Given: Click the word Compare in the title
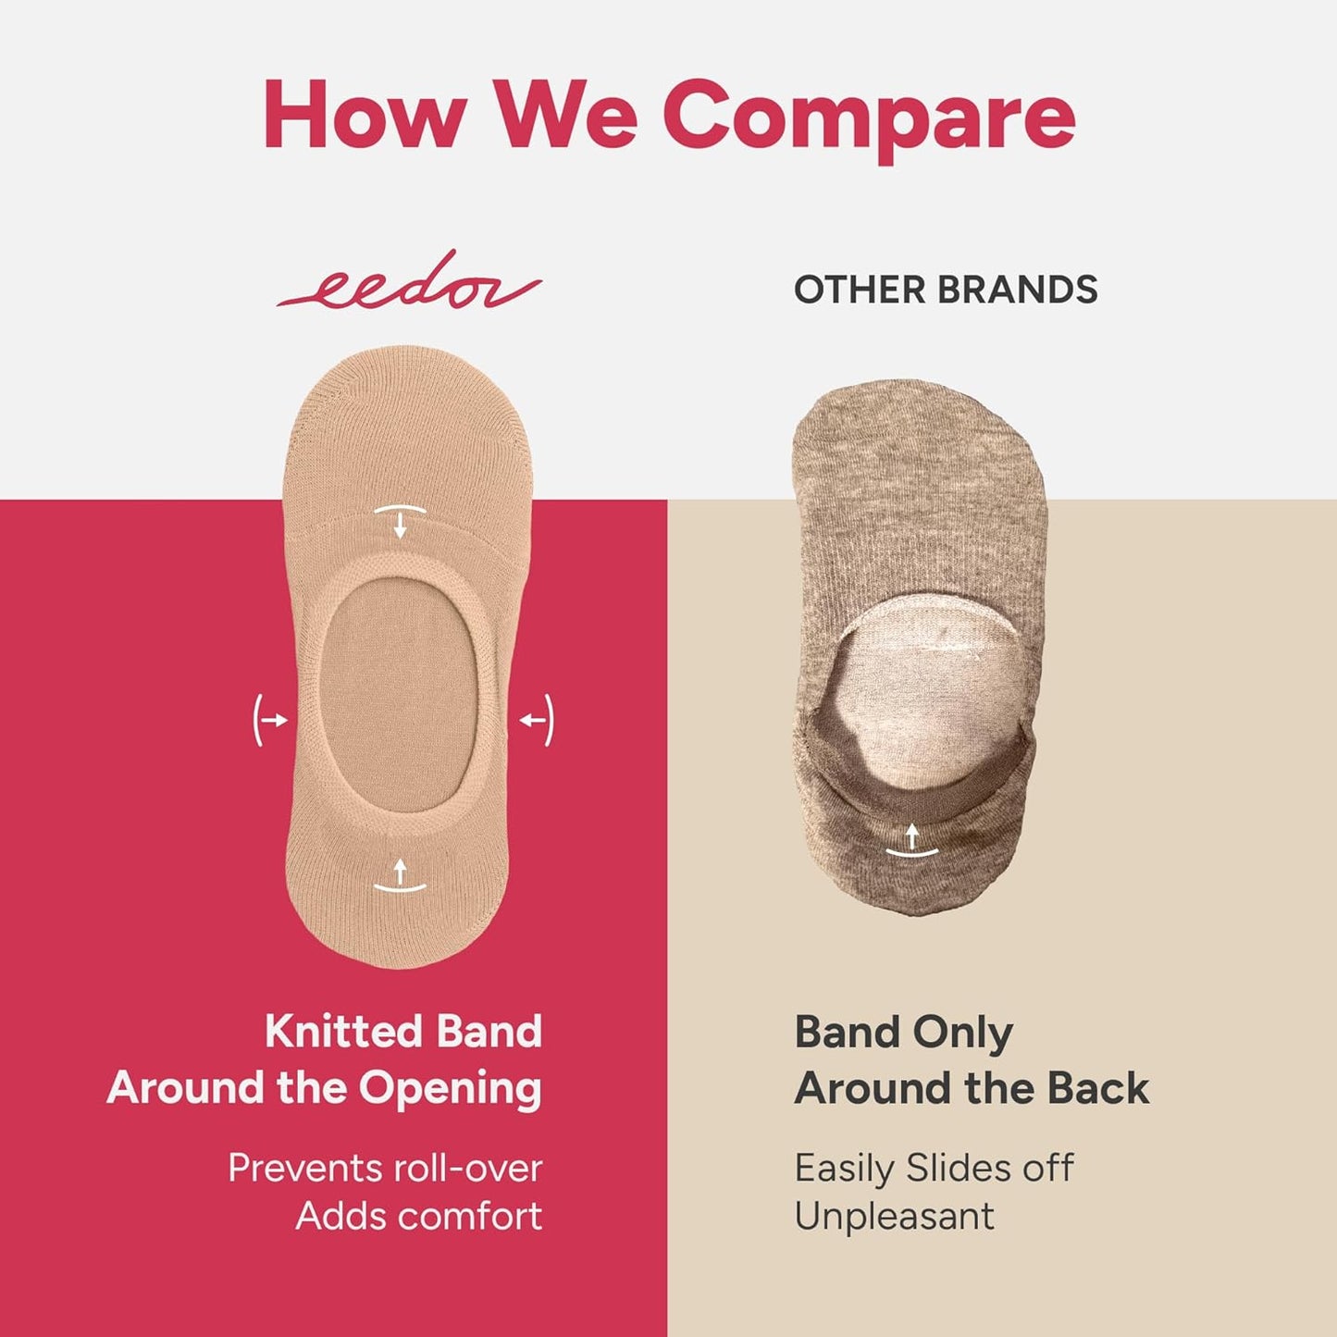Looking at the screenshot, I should pos(869,116).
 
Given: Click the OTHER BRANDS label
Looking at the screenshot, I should pos(946,290).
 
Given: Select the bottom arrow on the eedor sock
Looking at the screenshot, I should pos(400,875).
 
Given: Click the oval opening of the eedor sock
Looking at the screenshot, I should pos(399,689).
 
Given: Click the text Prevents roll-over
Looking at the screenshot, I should pos(385,1168).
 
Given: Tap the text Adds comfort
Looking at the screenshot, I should pos(418,1216).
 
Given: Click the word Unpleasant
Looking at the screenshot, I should pos(894,1216).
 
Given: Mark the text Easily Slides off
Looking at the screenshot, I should pos(934,1168).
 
